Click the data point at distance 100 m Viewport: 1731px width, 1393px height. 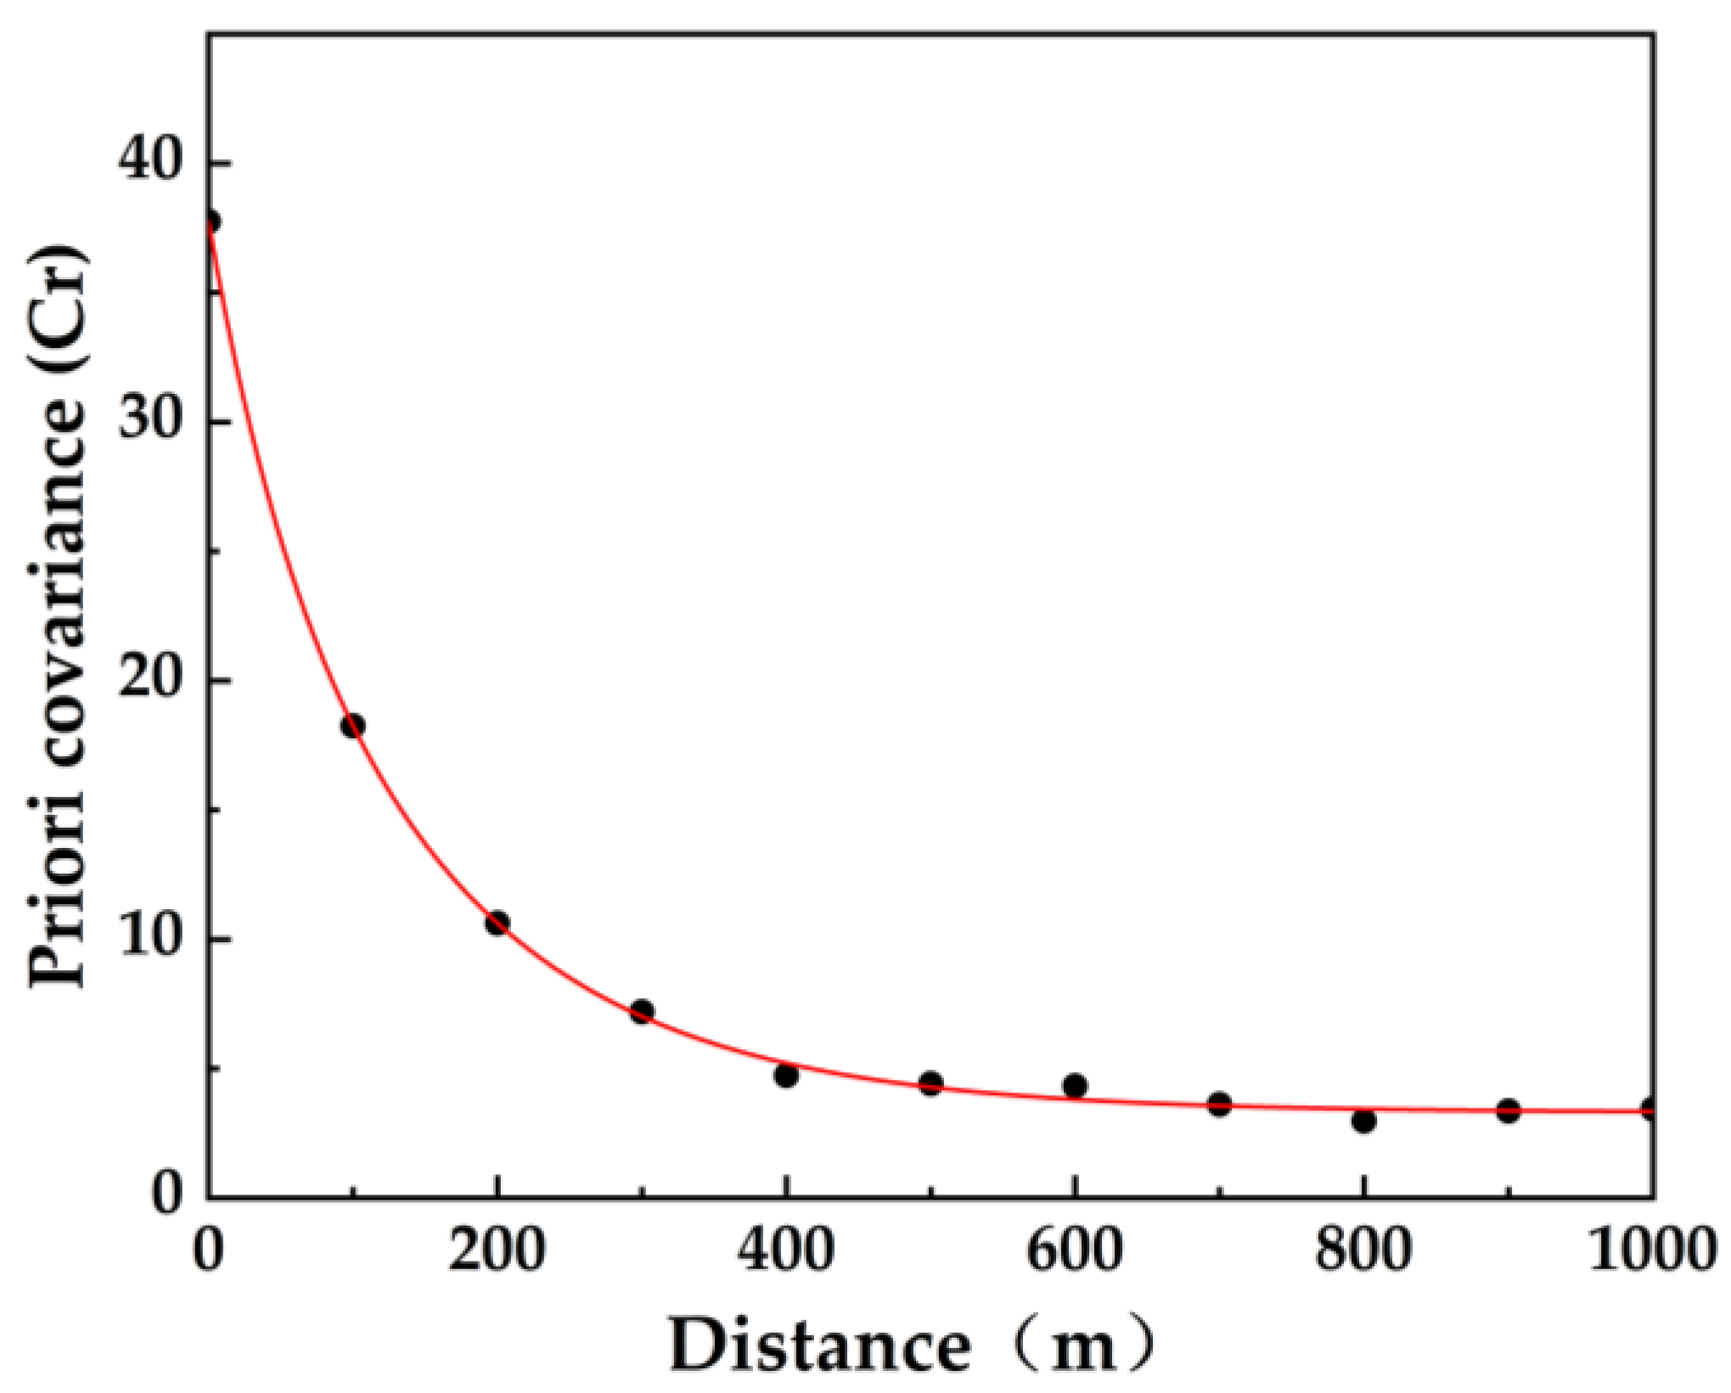pos(352,726)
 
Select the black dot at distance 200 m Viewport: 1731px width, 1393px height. pos(497,924)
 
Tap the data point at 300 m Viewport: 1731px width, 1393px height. pos(642,1011)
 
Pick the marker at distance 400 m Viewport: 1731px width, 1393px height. pos(786,1076)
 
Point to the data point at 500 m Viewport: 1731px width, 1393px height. pos(931,1083)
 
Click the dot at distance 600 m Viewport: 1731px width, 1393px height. pos(1075,1086)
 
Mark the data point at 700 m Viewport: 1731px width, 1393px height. pos(1220,1104)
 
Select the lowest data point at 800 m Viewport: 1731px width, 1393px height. pos(1363,1121)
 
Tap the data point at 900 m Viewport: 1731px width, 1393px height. pos(1508,1110)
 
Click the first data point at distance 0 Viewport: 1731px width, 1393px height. pos(211,222)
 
